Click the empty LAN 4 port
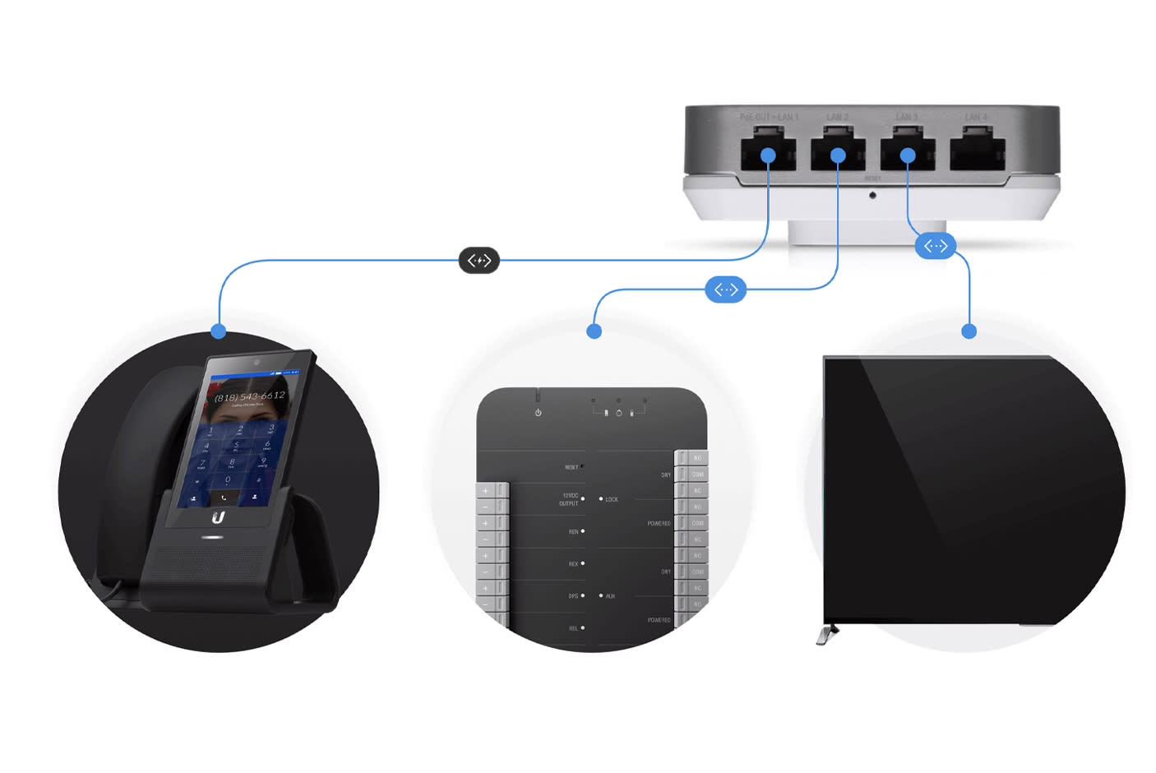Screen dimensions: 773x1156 click(977, 153)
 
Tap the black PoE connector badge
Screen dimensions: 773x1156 click(479, 261)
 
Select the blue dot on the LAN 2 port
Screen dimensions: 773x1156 click(838, 155)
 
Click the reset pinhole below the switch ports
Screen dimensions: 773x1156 click(872, 195)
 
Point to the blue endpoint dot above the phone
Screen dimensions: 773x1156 click(218, 331)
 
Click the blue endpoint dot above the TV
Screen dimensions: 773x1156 click(969, 331)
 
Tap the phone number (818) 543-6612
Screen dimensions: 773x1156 click(249, 396)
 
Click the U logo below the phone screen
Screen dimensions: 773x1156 click(218, 516)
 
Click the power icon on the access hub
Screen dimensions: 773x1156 click(538, 412)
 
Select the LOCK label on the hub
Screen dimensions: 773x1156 click(612, 499)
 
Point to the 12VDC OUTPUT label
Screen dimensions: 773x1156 click(569, 499)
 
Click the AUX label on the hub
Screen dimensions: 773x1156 click(610, 596)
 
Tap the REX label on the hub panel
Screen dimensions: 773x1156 click(573, 564)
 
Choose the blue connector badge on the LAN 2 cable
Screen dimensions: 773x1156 click(725, 289)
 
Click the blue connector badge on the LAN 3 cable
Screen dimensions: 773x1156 click(935, 246)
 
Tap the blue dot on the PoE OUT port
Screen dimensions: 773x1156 click(768, 155)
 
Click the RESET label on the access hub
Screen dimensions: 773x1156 click(571, 467)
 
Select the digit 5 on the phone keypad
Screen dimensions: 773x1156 click(237, 446)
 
